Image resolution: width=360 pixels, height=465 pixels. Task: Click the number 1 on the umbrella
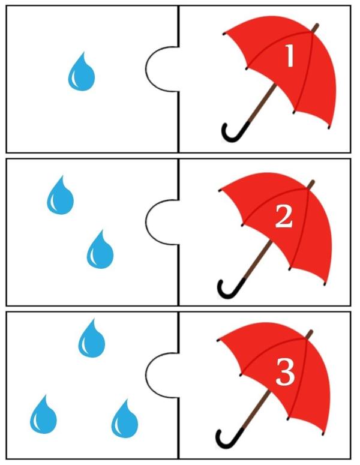(290, 56)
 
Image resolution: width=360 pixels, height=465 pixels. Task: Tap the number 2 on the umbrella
(284, 217)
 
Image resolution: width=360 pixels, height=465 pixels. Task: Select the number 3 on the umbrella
(285, 371)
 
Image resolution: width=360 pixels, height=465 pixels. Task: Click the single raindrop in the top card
(81, 72)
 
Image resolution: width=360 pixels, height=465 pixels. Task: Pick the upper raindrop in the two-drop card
(60, 196)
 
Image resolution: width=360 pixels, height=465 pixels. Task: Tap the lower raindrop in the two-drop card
(100, 250)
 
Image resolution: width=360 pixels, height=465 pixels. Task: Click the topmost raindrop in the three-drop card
(92, 338)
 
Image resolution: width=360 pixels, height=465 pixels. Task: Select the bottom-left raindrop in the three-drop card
(43, 415)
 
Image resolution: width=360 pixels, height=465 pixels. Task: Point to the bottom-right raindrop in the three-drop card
(125, 419)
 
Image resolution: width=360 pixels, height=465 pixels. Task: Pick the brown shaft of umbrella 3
(257, 410)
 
